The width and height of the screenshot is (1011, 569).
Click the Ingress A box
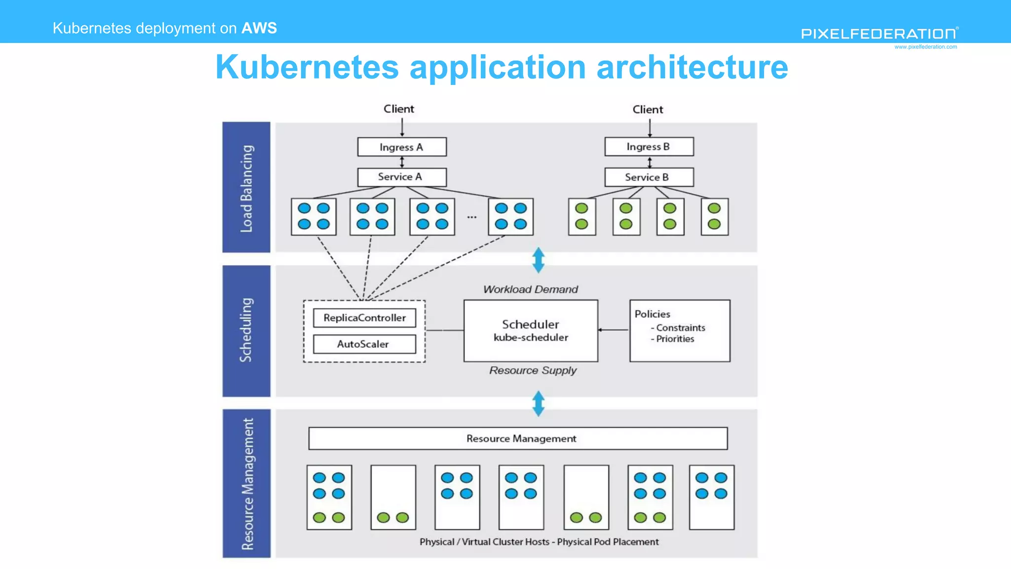click(402, 147)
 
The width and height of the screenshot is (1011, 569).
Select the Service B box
click(649, 177)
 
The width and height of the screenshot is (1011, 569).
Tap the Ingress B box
click(649, 147)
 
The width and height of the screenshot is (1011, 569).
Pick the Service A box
click(402, 177)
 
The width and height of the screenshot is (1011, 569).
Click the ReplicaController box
click(364, 318)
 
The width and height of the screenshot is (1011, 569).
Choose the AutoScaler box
click(364, 344)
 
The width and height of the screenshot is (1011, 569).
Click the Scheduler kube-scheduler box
click(531, 331)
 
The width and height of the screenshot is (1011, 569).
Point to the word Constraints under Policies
click(680, 328)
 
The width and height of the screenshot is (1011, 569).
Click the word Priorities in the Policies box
click(675, 339)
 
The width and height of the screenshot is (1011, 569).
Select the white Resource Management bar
click(518, 439)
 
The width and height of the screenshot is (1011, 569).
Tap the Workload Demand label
click(531, 289)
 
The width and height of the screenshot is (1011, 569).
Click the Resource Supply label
click(533, 370)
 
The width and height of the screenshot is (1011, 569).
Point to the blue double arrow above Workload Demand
click(539, 260)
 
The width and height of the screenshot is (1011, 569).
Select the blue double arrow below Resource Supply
click(539, 404)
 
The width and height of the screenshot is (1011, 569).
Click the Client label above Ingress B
click(648, 110)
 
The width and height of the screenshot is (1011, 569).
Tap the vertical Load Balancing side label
click(246, 188)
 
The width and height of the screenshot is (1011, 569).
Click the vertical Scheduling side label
click(246, 330)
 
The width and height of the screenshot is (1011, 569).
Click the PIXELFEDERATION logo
click(879, 34)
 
